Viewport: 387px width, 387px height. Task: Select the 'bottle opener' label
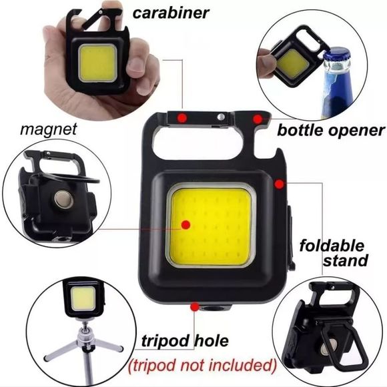[x=330, y=129]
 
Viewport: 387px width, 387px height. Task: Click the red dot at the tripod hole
[x=195, y=306]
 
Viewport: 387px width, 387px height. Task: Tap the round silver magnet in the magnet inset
[x=63, y=199]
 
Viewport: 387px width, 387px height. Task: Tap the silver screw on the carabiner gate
[x=221, y=118]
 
